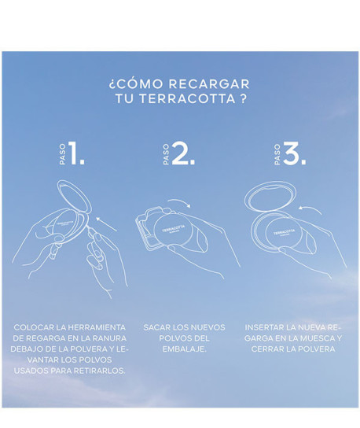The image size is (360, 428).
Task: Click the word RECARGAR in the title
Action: pos(209,84)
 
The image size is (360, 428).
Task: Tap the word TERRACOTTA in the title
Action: pos(188,99)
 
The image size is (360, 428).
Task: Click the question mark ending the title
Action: pos(244,99)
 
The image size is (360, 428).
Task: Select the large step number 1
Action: pos(76,153)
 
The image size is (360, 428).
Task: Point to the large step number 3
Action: pos(294,153)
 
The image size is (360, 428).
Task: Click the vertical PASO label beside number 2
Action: pos(166,154)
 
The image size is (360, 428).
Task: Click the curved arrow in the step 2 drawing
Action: pos(179,202)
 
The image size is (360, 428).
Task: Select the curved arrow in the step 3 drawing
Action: pos(310,208)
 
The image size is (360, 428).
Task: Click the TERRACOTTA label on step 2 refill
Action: pos(174,229)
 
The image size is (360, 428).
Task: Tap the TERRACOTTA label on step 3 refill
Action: pos(285,232)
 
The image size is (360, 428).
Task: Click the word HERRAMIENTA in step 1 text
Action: pos(97,327)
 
